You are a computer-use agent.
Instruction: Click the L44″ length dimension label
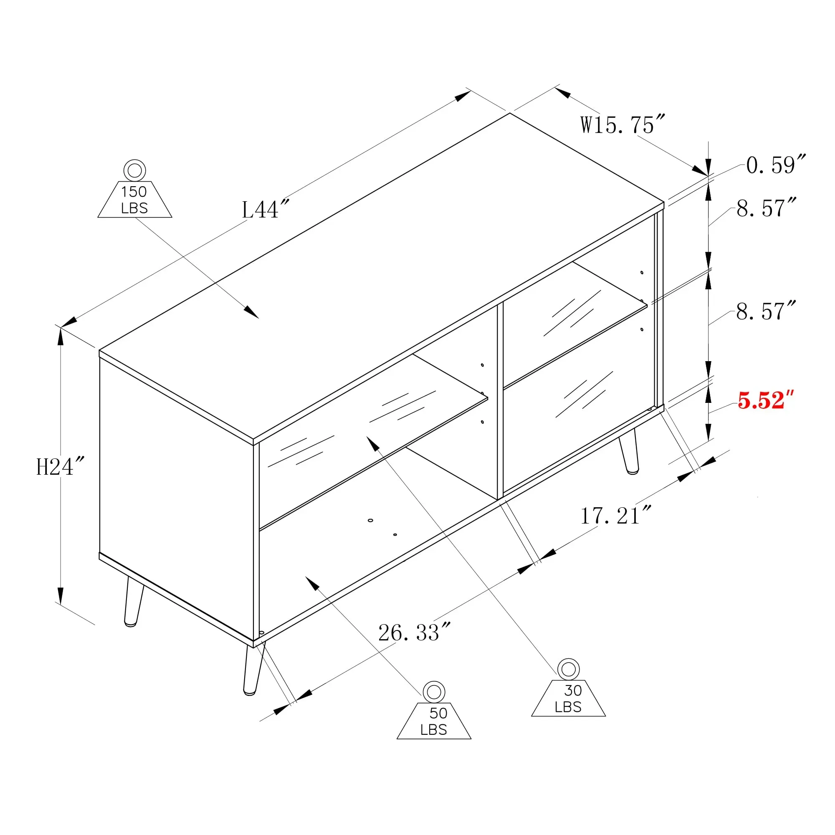[x=265, y=210]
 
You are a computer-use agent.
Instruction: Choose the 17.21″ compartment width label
[x=615, y=516]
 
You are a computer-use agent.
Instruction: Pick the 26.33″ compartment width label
[x=415, y=633]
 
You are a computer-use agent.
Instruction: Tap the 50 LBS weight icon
[x=434, y=711]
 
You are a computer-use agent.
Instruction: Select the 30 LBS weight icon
[x=568, y=688]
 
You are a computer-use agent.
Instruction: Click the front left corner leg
[x=254, y=668]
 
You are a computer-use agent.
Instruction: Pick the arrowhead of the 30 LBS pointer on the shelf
[x=372, y=443]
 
